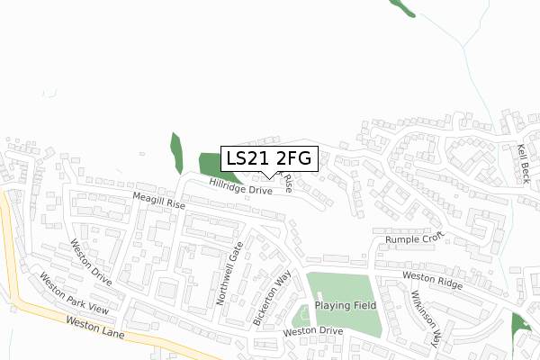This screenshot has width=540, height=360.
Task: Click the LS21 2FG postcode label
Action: pyautogui.click(x=269, y=158)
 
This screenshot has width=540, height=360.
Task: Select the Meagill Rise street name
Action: pyautogui.click(x=157, y=202)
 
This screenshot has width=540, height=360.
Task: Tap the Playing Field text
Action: pyautogui.click(x=346, y=306)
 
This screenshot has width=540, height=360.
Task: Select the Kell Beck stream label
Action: pyautogui.click(x=524, y=162)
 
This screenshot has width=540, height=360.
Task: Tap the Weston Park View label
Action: pyautogui.click(x=73, y=297)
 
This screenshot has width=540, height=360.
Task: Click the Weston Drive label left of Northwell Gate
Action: pyautogui.click(x=91, y=262)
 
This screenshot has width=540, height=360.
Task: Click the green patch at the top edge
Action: pyautogui.click(x=400, y=6)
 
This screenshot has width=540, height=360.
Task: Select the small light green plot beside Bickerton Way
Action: pyautogui.click(x=300, y=316)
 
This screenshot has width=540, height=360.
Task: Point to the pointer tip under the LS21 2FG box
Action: pyautogui.click(x=273, y=177)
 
